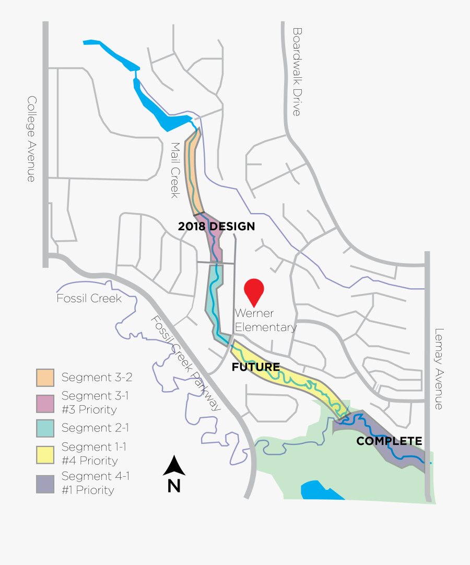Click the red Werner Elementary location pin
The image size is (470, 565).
point(254,290)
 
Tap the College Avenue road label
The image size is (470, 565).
point(32,139)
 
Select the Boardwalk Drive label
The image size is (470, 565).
point(297,72)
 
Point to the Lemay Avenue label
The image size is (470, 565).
point(439,369)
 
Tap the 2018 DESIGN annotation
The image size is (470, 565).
point(216,227)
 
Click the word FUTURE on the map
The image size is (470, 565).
point(256,367)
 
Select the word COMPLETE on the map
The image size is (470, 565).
point(389,441)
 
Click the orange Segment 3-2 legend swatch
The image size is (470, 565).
point(45,377)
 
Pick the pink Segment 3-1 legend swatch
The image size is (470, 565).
point(45,403)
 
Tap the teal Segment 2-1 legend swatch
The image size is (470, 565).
point(45,428)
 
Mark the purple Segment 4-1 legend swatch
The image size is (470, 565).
point(45,484)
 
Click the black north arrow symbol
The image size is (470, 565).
point(174,466)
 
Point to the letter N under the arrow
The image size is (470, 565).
point(174,486)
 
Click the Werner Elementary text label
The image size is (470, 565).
point(265,320)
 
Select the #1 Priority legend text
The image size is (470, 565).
point(88,490)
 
